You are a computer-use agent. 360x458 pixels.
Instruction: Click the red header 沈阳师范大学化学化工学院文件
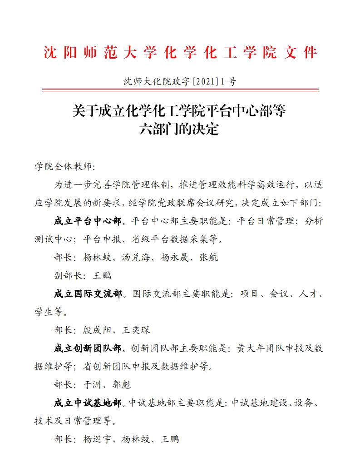click(180, 53)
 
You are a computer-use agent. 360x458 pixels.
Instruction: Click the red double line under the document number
click(180, 90)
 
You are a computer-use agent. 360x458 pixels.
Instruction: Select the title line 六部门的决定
click(180, 129)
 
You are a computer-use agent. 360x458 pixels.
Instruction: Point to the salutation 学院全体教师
click(65, 167)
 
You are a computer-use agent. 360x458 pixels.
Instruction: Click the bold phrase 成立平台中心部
click(88, 221)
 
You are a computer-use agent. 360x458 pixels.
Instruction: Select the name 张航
click(209, 257)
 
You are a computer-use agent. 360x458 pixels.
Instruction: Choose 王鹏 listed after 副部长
click(102, 275)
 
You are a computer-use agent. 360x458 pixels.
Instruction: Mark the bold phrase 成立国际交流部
click(88, 294)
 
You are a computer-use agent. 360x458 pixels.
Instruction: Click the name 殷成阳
click(96, 330)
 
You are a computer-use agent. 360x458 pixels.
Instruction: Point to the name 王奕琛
click(135, 330)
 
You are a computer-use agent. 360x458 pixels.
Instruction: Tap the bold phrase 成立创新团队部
click(88, 348)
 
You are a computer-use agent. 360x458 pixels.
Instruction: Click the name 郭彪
click(121, 385)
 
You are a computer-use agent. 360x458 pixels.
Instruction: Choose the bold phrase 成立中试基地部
click(88, 403)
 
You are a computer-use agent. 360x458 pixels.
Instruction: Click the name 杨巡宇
click(96, 439)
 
